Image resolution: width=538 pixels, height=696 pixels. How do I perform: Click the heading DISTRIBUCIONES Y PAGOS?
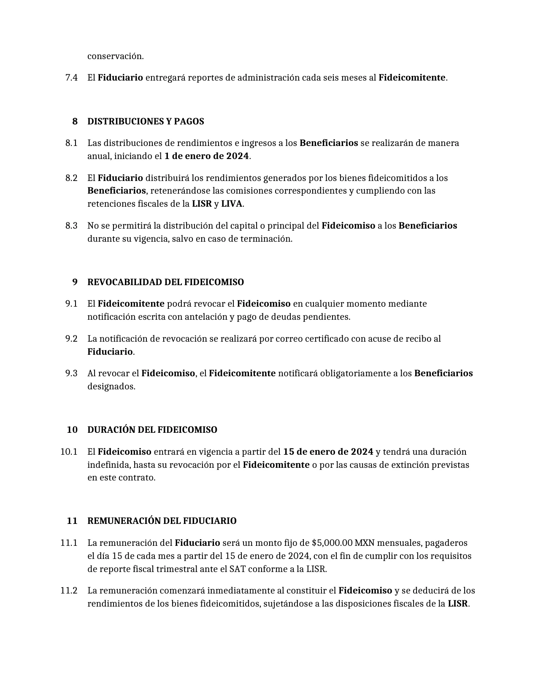(x=146, y=121)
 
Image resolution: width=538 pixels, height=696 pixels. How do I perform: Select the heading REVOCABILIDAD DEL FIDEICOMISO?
(x=165, y=282)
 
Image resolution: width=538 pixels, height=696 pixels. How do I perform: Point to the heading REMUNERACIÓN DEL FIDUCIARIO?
(x=162, y=521)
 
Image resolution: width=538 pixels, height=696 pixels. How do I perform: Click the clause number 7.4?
(x=71, y=78)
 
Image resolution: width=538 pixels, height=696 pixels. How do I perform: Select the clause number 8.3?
(x=71, y=226)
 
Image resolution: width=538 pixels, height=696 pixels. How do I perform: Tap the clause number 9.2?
(x=71, y=339)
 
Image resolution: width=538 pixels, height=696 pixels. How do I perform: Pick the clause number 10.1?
(x=69, y=452)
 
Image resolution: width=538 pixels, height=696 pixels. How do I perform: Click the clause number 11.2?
(x=69, y=591)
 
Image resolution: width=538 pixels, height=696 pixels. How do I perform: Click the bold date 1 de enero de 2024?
(x=206, y=156)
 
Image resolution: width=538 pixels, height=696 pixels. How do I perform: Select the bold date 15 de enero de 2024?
(x=328, y=452)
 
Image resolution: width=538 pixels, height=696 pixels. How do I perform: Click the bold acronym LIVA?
(x=232, y=204)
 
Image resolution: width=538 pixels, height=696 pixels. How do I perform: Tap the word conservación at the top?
(x=115, y=56)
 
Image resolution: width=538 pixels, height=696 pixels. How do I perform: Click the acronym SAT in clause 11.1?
(x=237, y=569)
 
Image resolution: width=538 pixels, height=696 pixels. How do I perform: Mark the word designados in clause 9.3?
(x=111, y=386)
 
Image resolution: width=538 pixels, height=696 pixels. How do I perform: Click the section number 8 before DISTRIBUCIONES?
(x=75, y=121)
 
